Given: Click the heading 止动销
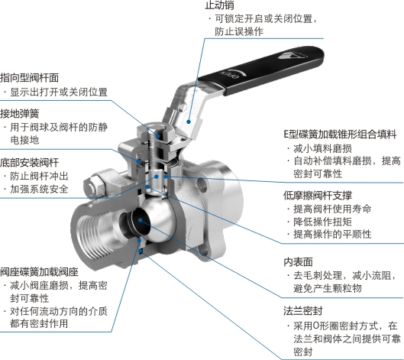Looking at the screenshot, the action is pyautogui.click(x=219, y=5).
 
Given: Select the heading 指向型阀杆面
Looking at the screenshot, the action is pyautogui.click(x=29, y=78).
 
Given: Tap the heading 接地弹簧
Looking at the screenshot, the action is pyautogui.click(x=20, y=113).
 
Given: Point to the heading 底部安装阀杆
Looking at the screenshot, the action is pyautogui.click(x=29, y=163).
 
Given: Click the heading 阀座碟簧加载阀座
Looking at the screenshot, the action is pyautogui.click(x=39, y=272).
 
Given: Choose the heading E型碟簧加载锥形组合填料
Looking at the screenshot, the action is pyautogui.click(x=340, y=135).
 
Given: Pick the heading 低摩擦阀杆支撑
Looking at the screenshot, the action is pyautogui.click(x=318, y=195).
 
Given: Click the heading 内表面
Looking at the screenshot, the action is pyautogui.click(x=298, y=261).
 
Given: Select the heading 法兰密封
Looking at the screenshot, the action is pyautogui.click(x=303, y=311).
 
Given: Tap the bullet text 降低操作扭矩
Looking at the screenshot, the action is pyautogui.click(x=322, y=222).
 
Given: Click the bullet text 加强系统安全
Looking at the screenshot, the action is pyautogui.click(x=39, y=190).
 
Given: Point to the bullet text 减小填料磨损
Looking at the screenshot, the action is pyautogui.click(x=322, y=148).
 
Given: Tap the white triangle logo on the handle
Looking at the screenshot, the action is pyautogui.click(x=289, y=55).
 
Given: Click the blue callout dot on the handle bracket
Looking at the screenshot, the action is pyautogui.click(x=189, y=122).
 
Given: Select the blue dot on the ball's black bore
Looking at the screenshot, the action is pyautogui.click(x=141, y=220).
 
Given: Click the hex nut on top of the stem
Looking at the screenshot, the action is pyautogui.click(x=155, y=134).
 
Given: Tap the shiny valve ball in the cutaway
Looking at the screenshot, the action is pyautogui.click(x=157, y=219).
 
